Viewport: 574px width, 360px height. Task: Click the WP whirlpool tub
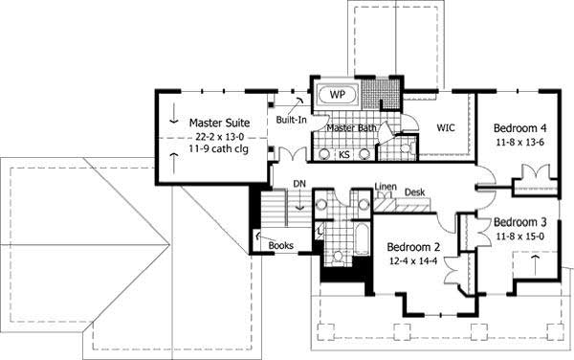[x=336, y=95]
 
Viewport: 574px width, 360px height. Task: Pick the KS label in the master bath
[x=343, y=155]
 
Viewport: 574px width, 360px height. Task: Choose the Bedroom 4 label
[x=520, y=128]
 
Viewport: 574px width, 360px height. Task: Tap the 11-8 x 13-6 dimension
[x=520, y=143]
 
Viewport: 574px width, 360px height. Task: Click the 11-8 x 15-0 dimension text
[x=520, y=236]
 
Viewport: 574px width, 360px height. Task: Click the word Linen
[x=386, y=186]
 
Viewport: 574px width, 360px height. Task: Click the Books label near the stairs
[x=281, y=245]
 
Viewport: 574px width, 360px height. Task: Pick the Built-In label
[x=291, y=121]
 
